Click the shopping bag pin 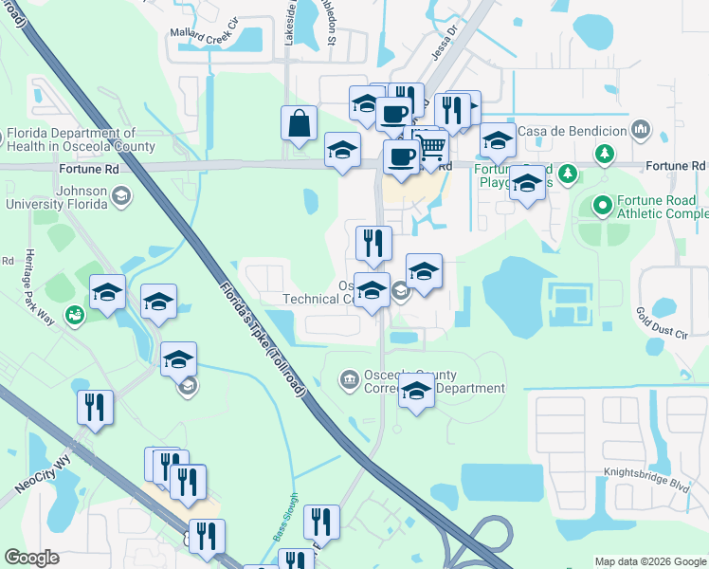click(x=299, y=124)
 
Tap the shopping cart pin click(x=431, y=149)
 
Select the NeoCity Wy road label click(x=44, y=477)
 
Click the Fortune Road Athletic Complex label click(x=656, y=208)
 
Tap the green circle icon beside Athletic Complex click(x=602, y=205)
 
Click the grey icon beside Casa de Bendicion click(x=641, y=129)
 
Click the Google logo click(x=31, y=558)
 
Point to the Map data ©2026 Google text click(x=650, y=561)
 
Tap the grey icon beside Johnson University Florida click(x=120, y=195)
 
